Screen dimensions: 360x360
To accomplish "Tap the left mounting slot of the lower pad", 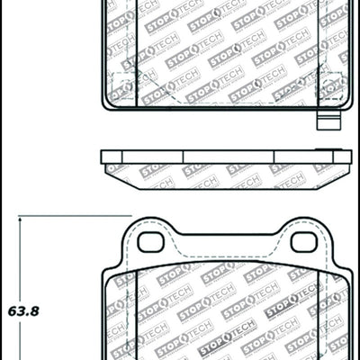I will tap(150, 241).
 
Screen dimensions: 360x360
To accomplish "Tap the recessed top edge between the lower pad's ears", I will tap(225, 236).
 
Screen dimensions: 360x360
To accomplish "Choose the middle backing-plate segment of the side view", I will tap(225, 155).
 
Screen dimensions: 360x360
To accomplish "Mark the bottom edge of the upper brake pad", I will tap(225, 110).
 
